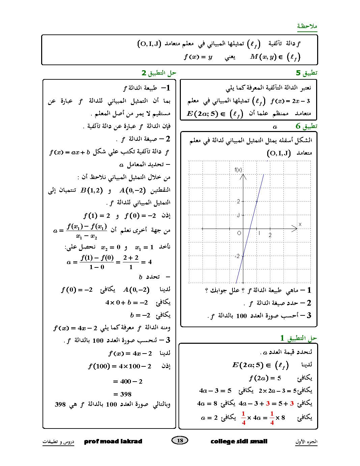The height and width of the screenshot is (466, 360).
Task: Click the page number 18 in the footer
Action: click(180, 440)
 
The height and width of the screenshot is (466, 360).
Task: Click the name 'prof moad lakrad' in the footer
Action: click(113, 441)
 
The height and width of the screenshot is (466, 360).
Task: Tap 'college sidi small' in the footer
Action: click(239, 441)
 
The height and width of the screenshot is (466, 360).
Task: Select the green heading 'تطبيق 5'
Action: click(306, 73)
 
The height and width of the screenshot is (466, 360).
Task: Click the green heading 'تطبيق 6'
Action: click(306, 126)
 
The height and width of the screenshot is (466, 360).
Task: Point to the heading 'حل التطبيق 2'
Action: click(159, 73)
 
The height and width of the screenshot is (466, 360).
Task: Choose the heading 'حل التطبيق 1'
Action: click(299, 338)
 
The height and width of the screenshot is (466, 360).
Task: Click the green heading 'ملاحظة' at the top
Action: click(307, 26)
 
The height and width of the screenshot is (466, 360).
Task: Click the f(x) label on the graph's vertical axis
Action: click(238, 170)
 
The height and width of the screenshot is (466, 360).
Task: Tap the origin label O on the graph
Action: click(239, 233)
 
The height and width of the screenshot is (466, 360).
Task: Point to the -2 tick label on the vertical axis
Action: click(237, 256)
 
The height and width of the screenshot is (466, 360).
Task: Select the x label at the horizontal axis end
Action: click(300, 224)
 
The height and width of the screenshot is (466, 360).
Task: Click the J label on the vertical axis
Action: click(238, 215)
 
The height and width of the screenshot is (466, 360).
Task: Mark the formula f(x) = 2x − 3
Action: click(290, 101)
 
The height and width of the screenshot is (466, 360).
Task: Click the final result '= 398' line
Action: click(123, 394)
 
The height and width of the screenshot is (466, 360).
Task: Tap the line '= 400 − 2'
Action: click(128, 381)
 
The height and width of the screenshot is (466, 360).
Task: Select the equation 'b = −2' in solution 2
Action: click(140, 315)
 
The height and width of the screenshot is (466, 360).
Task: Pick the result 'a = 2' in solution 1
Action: click(209, 418)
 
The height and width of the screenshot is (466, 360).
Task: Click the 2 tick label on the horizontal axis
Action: click(270, 235)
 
